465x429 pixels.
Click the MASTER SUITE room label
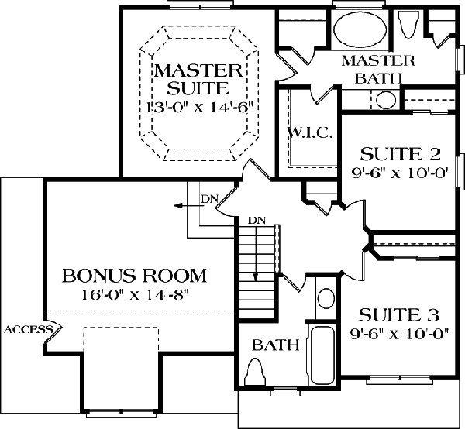pos(198,79)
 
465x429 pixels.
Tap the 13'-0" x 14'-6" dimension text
pos(198,107)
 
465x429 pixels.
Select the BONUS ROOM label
pos(134,276)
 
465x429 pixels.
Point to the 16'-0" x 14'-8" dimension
pos(135,295)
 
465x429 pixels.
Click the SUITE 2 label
pos(400,154)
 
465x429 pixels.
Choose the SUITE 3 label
pos(399,315)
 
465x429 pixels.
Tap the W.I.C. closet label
pos(309,133)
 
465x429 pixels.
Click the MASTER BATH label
pos(378,70)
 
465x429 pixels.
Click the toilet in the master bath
pos(408,24)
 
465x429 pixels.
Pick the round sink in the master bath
pos(386,100)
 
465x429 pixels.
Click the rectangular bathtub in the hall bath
pos(322,352)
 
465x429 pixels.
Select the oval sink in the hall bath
pos(326,298)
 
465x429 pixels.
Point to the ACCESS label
pos(29,329)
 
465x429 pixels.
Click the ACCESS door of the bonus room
pos(53,332)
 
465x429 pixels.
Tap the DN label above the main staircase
pos(257,220)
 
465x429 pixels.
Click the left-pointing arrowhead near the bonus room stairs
pos(177,206)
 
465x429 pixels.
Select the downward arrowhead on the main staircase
pos(256,277)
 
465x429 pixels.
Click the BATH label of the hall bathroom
pos(275,345)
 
